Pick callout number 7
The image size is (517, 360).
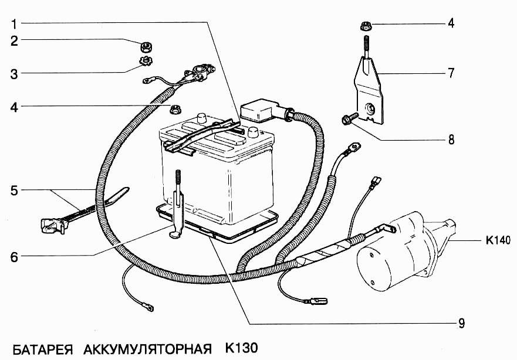point(451,73)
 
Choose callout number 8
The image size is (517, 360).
point(451,140)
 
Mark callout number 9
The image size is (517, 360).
point(462,322)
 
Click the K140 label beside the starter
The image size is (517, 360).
point(498,240)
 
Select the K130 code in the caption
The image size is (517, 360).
point(241,348)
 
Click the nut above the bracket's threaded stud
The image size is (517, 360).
point(364,25)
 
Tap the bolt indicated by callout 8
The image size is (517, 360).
point(346,121)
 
